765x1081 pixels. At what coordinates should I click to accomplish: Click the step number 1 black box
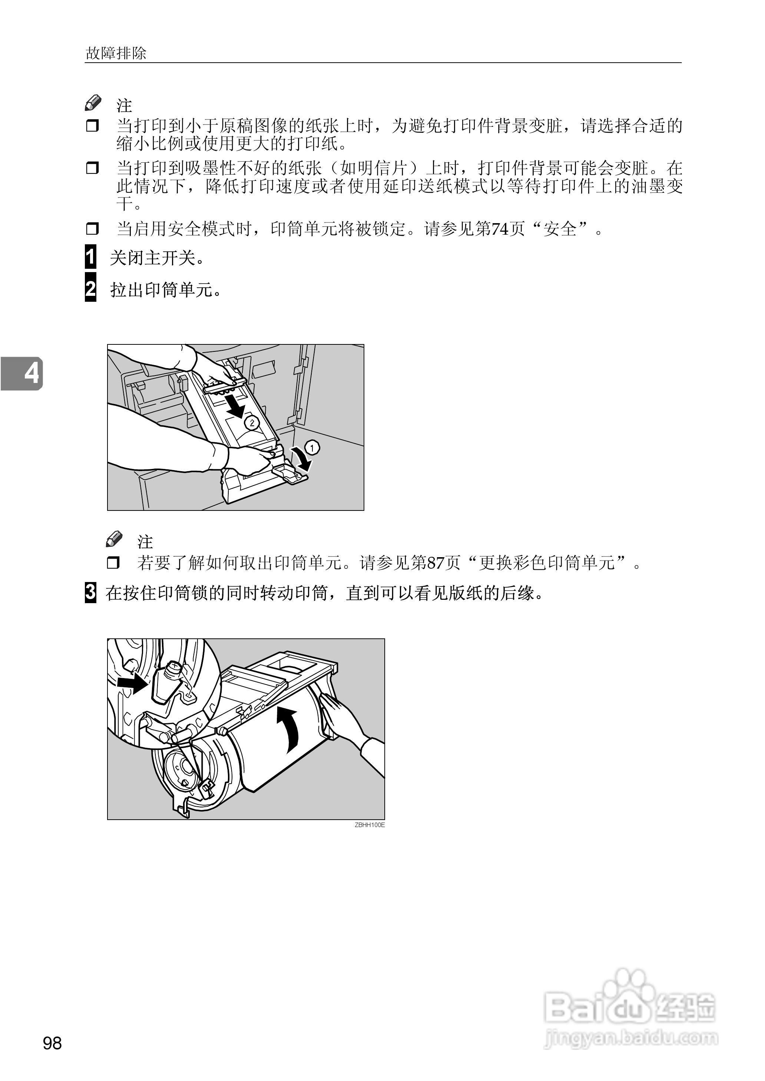pos(90,257)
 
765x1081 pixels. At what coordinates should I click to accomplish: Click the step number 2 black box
pos(90,289)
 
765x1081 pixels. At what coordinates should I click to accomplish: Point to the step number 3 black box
pos(90,592)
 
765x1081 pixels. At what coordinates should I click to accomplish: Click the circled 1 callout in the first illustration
pos(312,448)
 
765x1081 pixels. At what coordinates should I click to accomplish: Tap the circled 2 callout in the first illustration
pos(252,423)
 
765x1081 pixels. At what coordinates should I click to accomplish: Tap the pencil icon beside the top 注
pos(93,103)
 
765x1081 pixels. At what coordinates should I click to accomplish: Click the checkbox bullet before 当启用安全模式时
pos(92,229)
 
